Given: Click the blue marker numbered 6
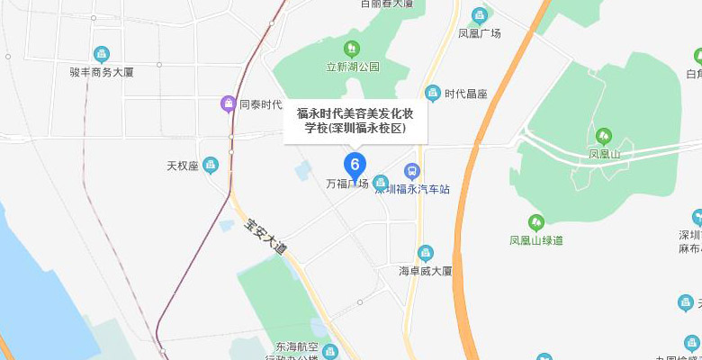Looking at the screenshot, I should [355, 165].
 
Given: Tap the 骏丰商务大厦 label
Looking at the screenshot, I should [101, 72].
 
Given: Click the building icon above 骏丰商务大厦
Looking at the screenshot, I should [101, 55].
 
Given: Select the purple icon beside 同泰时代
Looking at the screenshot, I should [229, 104].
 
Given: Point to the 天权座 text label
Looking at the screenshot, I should [182, 166].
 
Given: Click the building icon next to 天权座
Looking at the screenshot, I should [211, 166].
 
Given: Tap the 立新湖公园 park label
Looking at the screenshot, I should [353, 67].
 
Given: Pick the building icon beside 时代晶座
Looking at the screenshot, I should [435, 94].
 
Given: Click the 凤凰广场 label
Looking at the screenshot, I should [480, 33].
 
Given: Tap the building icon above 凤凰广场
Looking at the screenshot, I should [480, 15].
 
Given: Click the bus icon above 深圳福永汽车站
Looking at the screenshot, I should [411, 170].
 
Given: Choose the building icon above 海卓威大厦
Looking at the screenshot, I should [426, 253].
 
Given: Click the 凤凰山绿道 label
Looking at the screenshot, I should [536, 240].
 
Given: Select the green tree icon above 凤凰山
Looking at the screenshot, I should [603, 137].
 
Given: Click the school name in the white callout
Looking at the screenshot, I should [357, 121].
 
